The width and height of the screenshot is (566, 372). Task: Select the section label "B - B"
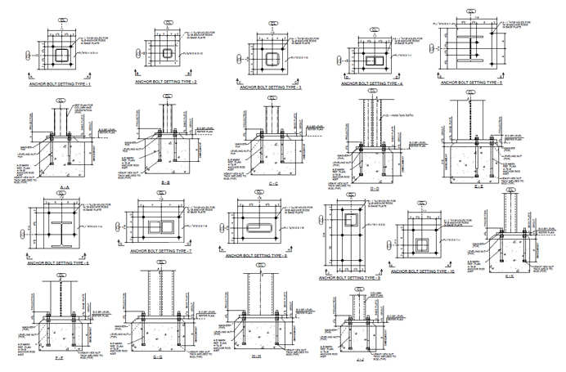coord(166,182)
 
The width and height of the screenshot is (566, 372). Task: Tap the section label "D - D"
coord(374,187)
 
